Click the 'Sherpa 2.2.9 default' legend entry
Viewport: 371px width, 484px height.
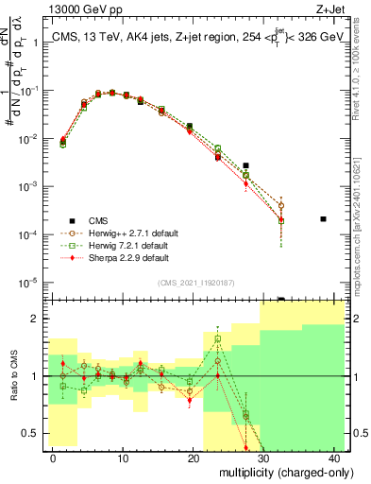coord(110,256)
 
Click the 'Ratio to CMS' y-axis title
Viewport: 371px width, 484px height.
coord(12,389)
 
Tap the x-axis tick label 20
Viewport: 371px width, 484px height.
coord(194,458)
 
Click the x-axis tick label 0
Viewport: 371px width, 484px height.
coord(53,458)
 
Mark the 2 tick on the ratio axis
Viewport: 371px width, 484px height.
coord(39,319)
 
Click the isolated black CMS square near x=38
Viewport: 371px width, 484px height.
coord(323,219)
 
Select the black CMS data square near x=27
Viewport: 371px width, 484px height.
coord(245,165)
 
